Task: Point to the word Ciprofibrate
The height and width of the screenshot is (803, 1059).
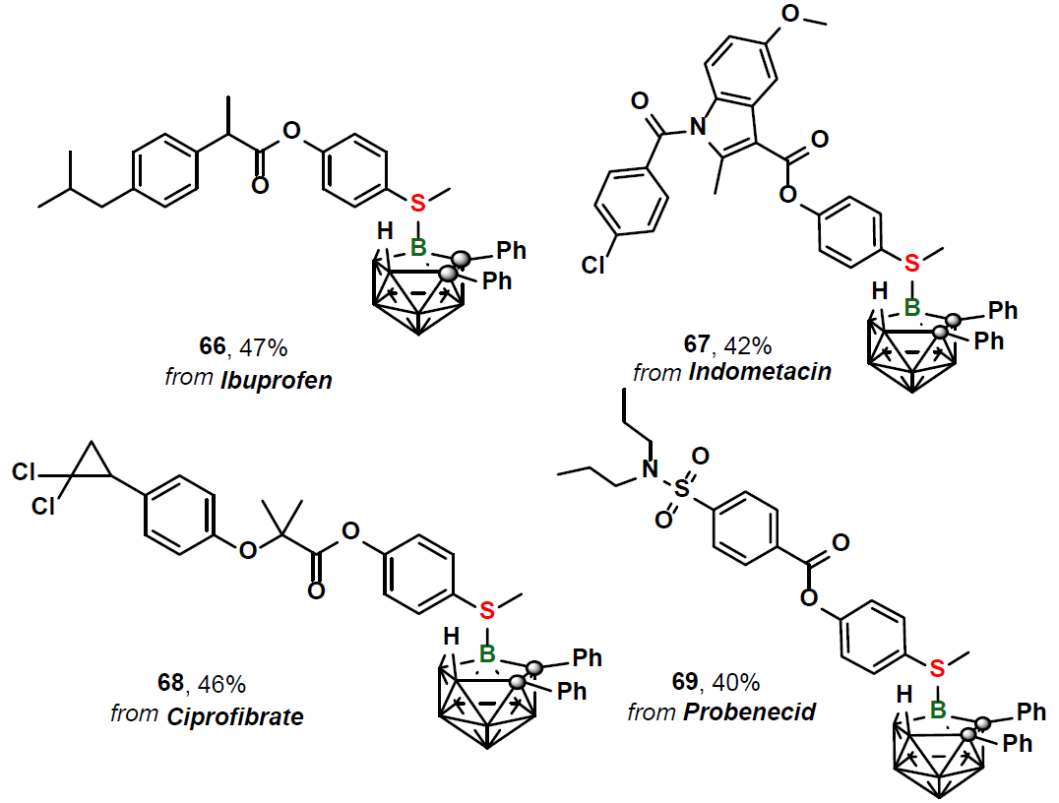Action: point(247,714)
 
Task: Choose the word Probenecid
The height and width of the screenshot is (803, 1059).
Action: point(749,710)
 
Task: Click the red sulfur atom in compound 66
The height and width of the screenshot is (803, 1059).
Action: point(417,203)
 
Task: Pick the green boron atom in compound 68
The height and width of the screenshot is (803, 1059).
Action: point(485,653)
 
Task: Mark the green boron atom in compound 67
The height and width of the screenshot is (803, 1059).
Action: point(912,309)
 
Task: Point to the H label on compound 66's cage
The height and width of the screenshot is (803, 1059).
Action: point(382,231)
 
